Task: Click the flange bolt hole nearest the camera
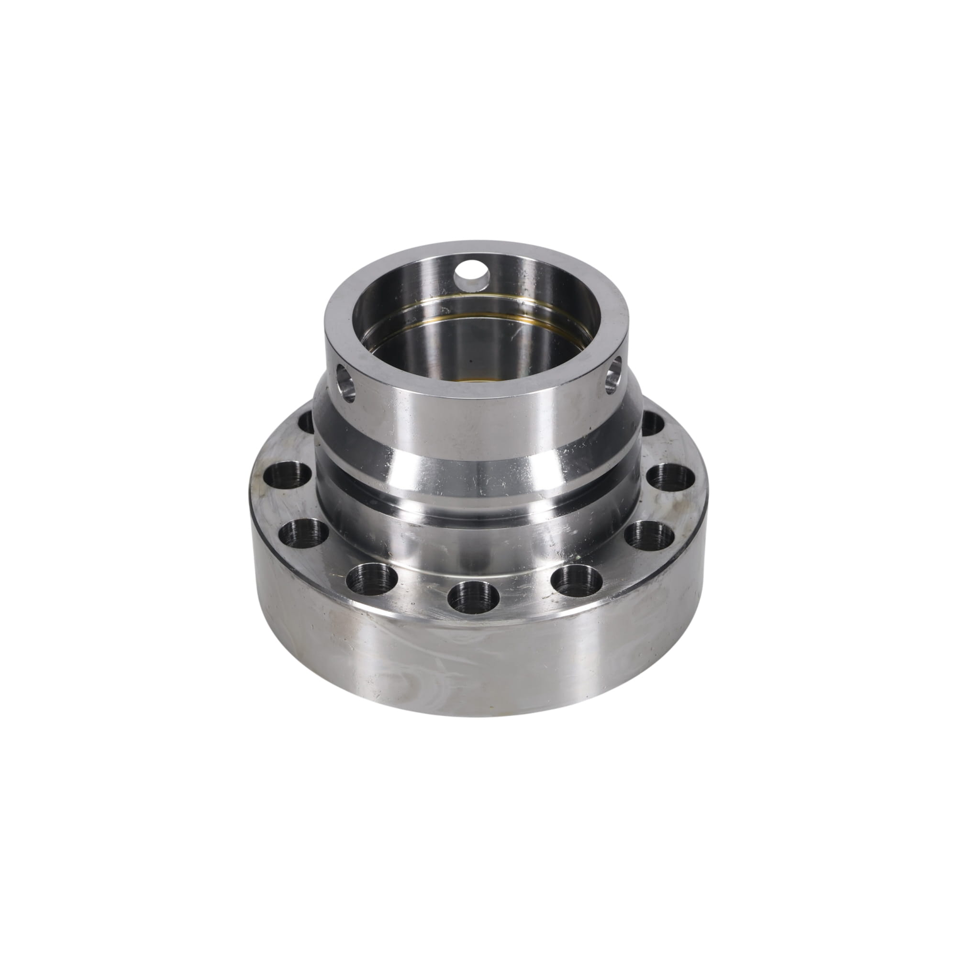(473, 596)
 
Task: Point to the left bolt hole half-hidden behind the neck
(307, 422)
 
